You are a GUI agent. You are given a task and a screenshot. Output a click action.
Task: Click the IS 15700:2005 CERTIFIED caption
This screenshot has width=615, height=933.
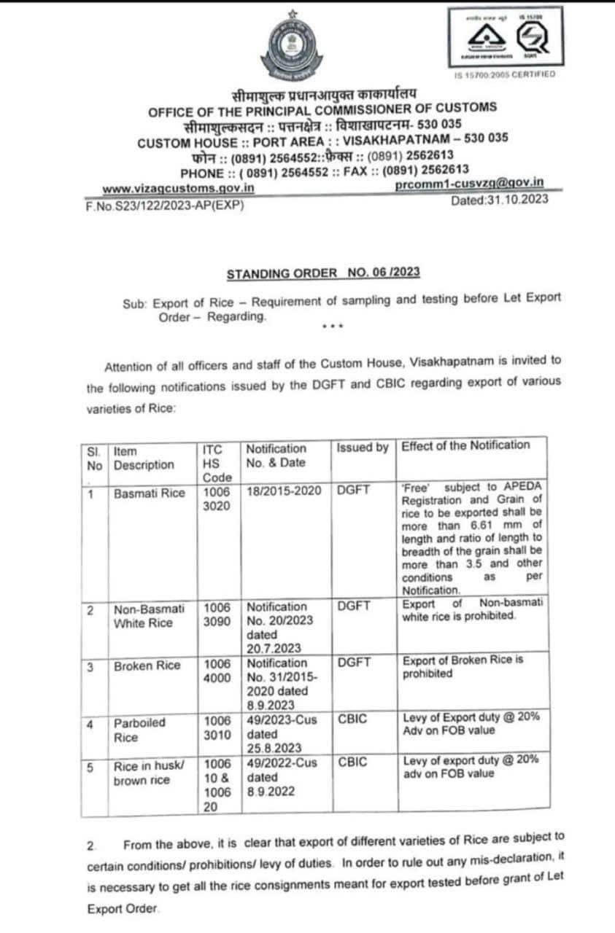tap(504, 74)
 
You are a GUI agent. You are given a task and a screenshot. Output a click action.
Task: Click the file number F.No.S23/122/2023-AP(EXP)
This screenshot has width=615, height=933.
tap(164, 205)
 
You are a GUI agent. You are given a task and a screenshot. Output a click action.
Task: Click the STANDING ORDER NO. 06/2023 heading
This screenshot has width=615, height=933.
tap(323, 274)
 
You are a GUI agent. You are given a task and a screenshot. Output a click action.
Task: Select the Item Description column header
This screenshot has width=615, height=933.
tap(144, 458)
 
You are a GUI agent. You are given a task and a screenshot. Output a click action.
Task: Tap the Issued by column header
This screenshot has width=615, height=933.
tap(362, 448)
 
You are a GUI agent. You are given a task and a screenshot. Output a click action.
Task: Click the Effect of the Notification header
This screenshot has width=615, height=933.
tap(465, 445)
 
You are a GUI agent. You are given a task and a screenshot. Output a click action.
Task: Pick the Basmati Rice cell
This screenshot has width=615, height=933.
tap(150, 493)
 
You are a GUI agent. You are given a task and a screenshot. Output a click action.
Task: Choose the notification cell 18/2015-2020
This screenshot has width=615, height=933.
tap(284, 492)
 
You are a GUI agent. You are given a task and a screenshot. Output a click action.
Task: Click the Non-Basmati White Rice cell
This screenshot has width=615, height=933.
tap(149, 617)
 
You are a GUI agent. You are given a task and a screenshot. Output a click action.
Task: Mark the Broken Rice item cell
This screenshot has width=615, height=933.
tap(147, 665)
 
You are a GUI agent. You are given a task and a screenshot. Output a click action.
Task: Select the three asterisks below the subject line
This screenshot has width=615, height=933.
tap(332, 326)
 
